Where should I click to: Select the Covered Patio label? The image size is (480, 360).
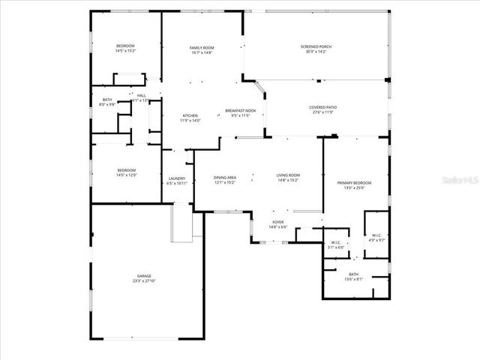[323, 107]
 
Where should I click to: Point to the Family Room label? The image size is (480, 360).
[202, 47]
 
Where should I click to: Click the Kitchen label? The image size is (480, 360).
[190, 115]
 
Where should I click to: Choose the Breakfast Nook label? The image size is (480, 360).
[241, 111]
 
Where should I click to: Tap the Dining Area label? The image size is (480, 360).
[226, 177]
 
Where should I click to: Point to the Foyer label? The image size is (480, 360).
[278, 223]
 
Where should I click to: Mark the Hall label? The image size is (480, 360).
[141, 95]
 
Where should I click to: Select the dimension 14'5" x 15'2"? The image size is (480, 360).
[126, 52]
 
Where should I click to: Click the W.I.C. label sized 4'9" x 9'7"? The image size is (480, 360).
[376, 237]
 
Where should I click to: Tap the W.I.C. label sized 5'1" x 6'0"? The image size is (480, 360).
[336, 242]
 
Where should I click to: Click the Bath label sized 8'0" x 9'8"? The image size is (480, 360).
[108, 102]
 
